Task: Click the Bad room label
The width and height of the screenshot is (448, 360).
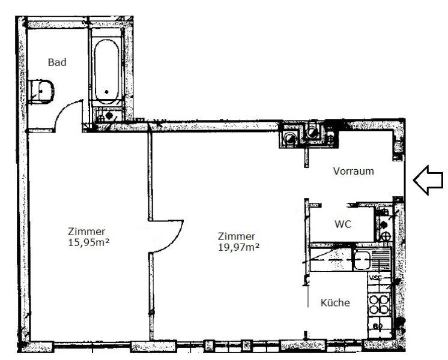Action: point(58,62)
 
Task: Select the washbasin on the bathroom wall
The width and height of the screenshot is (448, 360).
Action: point(44,90)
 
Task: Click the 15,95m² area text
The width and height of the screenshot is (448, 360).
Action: point(88,242)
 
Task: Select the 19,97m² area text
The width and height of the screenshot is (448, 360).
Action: point(238,246)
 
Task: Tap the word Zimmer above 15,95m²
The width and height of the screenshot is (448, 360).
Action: point(87,232)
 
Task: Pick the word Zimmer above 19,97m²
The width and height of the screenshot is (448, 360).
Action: point(237,236)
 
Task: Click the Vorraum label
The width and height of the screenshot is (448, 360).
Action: point(354,171)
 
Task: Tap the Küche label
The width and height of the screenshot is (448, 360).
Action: point(336,303)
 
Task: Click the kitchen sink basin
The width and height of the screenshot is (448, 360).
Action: point(363,260)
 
